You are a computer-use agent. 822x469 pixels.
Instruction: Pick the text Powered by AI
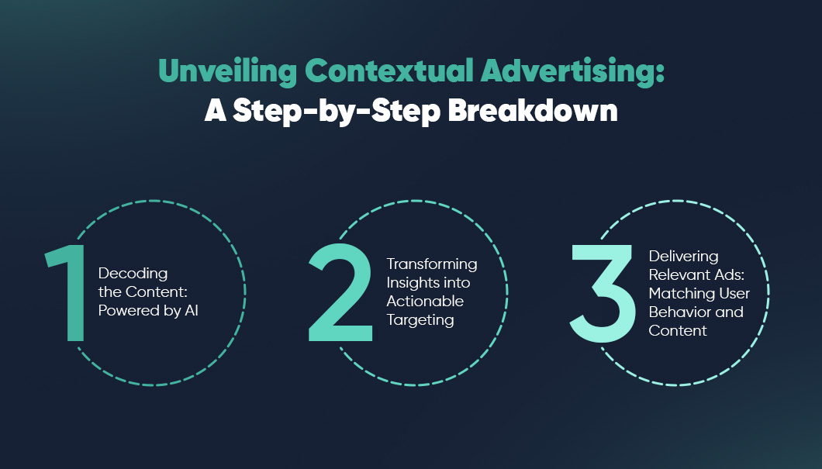point(149,311)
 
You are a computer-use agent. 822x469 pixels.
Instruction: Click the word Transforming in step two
point(432,264)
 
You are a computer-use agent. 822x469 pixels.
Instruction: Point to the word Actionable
point(425,301)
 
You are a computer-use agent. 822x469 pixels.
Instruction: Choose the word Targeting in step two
point(420,319)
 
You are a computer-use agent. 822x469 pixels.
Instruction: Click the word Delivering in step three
point(684,256)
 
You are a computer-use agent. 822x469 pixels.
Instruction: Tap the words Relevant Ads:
point(696,274)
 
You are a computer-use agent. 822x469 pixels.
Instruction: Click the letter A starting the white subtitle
point(214,111)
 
